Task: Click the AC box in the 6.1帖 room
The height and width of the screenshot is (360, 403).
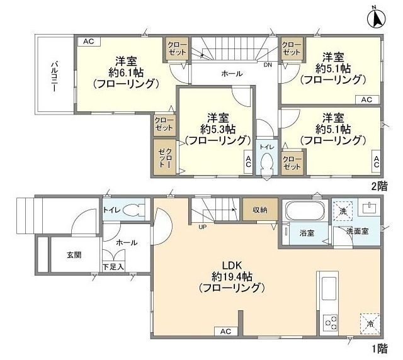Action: click(88, 42)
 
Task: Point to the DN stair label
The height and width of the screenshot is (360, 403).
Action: click(268, 64)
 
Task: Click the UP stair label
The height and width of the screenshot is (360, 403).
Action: click(203, 227)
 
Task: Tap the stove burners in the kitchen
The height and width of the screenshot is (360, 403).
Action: click(331, 324)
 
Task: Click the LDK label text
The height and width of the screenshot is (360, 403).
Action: click(230, 265)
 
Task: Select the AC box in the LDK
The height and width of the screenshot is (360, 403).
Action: click(225, 332)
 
